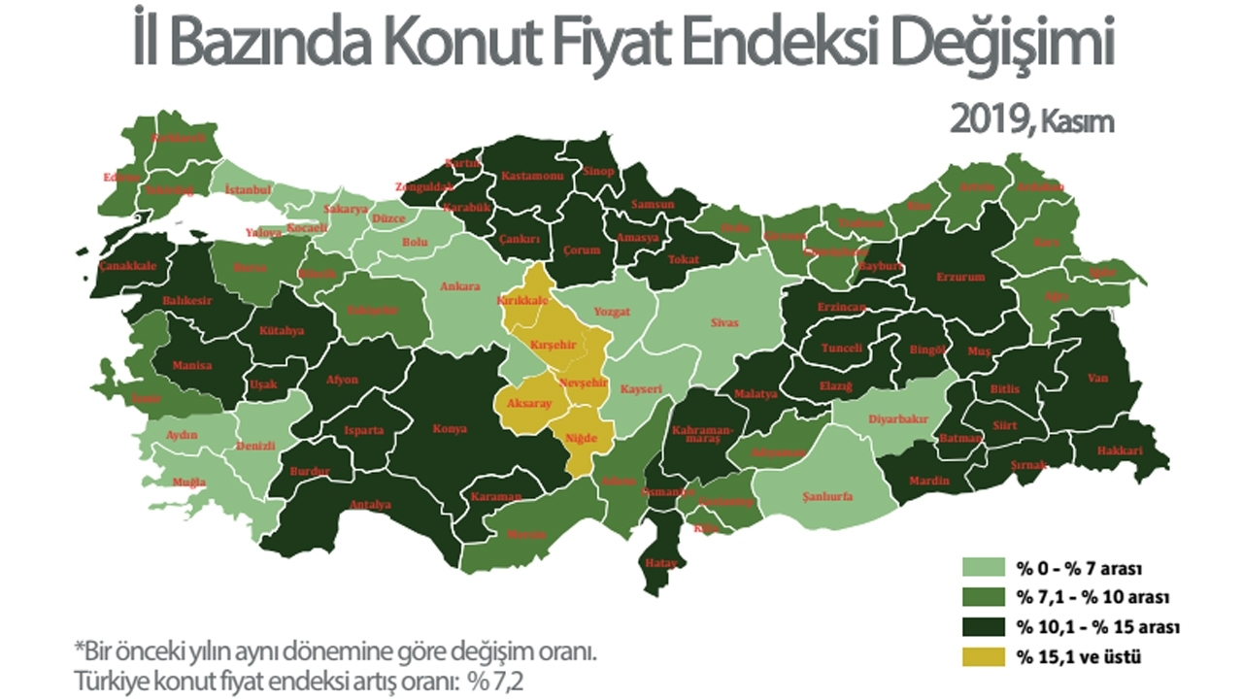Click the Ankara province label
pyautogui.click(x=460, y=287)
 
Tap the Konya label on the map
pyautogui.click(x=451, y=428)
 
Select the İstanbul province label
pyautogui.click(x=248, y=189)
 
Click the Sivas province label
pyautogui.click(x=724, y=322)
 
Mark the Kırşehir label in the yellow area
pyautogui.click(x=554, y=345)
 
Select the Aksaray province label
pyautogui.click(x=528, y=403)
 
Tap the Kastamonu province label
pyautogui.click(x=532, y=177)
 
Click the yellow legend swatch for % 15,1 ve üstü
pyautogui.click(x=983, y=657)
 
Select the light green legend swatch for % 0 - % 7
pyautogui.click(x=983, y=566)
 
